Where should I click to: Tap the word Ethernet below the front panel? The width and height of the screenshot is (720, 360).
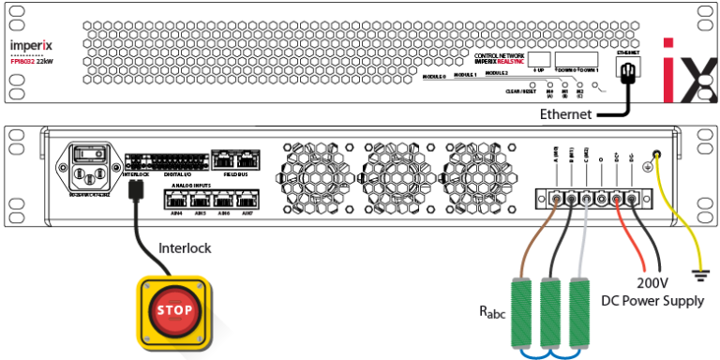565,114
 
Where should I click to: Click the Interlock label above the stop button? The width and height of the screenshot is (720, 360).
185,248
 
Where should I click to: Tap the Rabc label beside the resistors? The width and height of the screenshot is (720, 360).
490,311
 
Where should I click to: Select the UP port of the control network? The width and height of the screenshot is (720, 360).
539,61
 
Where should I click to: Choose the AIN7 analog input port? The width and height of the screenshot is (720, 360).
245,199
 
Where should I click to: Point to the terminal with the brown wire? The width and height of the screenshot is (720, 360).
558,199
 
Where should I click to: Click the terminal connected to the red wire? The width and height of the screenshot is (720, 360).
617,199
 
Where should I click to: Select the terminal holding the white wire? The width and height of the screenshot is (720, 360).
586,199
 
